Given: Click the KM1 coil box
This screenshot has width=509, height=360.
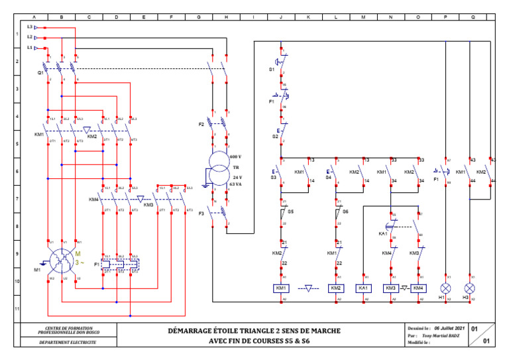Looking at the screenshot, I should pos(281,288).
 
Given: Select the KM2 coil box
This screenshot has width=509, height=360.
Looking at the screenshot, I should pos(336,288).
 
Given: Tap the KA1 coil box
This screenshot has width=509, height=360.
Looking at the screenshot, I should pos(364,288).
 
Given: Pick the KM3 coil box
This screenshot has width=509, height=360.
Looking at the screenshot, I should pos(391,288).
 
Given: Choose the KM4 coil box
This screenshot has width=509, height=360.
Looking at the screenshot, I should pos(418,288).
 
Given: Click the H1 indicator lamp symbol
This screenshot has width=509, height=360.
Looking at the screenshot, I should pos(446,288).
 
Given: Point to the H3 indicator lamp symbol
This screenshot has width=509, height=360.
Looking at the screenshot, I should pos(470,288).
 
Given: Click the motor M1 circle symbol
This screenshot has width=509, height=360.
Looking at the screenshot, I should pos(62,260).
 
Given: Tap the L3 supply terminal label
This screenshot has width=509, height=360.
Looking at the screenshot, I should pos(30,27).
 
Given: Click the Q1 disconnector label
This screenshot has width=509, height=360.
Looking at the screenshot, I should pos(40,74).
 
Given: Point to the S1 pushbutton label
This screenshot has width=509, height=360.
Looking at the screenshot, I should pos(272,69).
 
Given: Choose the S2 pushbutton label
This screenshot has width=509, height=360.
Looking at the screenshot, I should pos(274,136).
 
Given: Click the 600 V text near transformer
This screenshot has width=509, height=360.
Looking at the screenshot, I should pos(235,156).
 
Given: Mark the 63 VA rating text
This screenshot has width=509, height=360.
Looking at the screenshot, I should pos(235,184).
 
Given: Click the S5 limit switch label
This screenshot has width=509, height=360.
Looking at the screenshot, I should pos(290,211).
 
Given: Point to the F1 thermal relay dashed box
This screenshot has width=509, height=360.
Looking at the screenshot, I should pos(120,265).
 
